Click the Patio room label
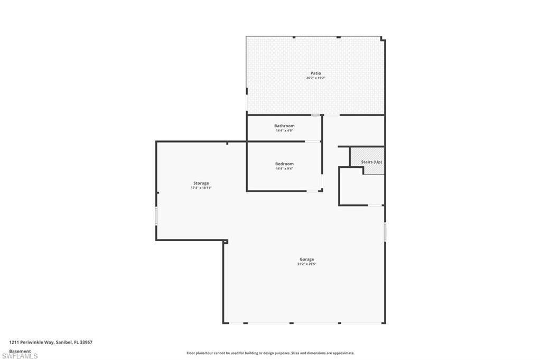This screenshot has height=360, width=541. (x=316, y=73)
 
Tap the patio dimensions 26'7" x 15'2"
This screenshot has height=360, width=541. (x=316, y=78)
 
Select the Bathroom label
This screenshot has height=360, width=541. (x=284, y=126)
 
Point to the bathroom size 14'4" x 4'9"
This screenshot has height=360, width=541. (x=284, y=131)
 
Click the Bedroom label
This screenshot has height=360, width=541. (x=284, y=164)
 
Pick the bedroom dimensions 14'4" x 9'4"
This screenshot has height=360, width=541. (x=284, y=168)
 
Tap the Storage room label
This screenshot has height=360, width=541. (x=201, y=183)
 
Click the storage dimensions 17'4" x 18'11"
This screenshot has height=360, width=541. (x=201, y=188)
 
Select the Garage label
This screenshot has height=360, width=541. (x=307, y=259)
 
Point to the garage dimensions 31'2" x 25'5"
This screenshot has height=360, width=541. (x=307, y=264)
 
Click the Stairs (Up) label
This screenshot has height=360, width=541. (x=371, y=162)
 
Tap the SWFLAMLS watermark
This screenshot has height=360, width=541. (x=20, y=356)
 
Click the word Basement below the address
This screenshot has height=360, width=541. (x=20, y=352)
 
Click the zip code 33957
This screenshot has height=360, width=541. (x=86, y=343)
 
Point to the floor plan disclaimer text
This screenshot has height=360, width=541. (x=270, y=353)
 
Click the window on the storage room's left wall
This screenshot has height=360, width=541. (x=156, y=216)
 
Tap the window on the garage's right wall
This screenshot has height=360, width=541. (x=385, y=232)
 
